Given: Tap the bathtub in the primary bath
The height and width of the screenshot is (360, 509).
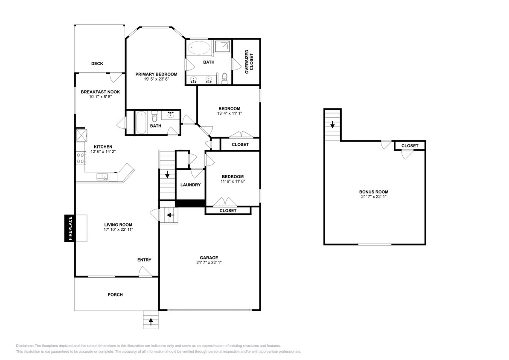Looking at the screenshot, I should [199, 47].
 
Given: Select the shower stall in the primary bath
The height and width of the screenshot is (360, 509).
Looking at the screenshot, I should [221, 47].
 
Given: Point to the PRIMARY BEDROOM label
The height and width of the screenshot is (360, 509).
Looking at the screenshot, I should [156, 74].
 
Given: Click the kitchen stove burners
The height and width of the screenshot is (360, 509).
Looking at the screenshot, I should [80, 158].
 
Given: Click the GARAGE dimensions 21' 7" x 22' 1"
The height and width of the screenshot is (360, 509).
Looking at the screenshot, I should [209, 263].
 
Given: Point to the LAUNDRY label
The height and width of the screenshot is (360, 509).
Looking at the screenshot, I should [190, 185].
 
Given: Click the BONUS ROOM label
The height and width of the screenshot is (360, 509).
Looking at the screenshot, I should [373, 192].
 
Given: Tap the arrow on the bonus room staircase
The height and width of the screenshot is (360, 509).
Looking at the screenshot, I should [332, 125].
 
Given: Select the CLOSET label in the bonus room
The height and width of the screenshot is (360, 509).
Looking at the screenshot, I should [410, 146].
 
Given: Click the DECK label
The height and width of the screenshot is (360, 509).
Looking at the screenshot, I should [97, 64].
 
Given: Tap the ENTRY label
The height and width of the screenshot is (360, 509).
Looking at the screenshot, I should [144, 260].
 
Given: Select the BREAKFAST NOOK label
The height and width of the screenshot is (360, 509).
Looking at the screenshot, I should [100, 92].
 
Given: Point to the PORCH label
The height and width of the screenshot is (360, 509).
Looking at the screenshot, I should [115, 295].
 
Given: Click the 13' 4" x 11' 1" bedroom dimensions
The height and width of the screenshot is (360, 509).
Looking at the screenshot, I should [230, 113].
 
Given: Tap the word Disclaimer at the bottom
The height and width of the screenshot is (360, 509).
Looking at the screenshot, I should [25, 345].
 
